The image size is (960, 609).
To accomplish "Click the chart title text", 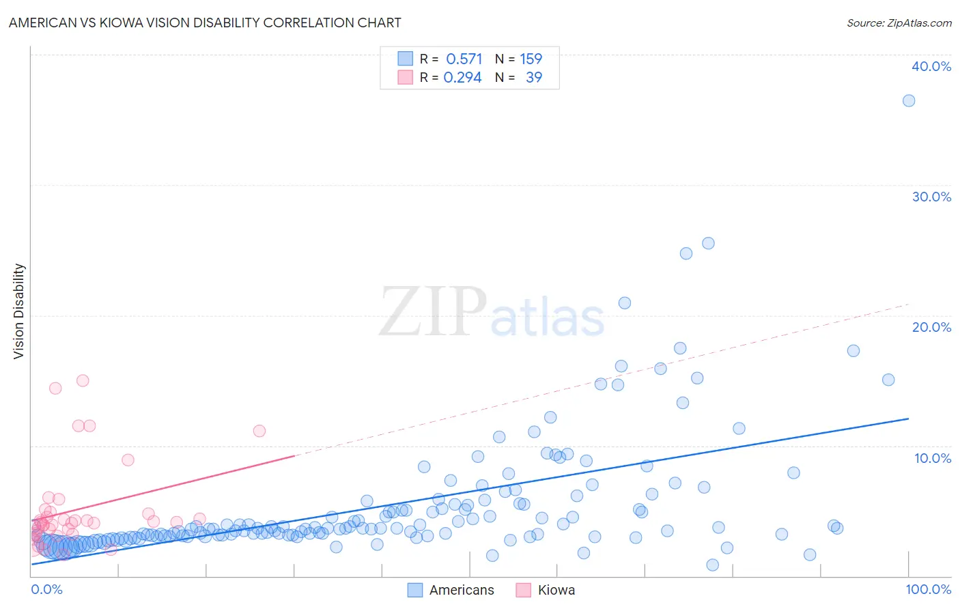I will pos(205,23).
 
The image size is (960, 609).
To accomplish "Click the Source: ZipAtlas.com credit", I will pos(899,23).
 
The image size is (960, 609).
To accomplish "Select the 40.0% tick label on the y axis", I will pos(931,66).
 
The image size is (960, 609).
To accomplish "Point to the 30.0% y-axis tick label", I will pos(931,197).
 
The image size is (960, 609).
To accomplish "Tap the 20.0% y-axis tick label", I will pos(931,327).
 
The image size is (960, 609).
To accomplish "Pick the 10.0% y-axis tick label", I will pos(933,458).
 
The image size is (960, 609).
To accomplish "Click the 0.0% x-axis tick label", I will pos(46,589).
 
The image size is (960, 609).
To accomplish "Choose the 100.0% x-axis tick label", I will pos(928,589).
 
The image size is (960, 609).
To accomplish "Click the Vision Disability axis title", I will pos(19,311).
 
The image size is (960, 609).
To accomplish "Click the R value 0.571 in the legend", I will pos(464,59).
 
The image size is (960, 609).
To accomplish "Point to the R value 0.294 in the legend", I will pos(462,78).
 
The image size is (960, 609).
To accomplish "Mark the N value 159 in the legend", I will pos(531,59).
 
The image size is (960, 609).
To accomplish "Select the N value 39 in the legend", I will pos(533,78).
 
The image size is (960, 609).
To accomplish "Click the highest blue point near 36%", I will pos(909,101).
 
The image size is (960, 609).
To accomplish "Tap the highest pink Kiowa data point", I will pos(83,381).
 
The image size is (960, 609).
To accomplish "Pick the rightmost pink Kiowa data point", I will pos(259,431).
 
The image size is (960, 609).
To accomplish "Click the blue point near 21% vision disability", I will pos(625,303).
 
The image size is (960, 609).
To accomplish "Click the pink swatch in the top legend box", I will pos(405,77).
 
